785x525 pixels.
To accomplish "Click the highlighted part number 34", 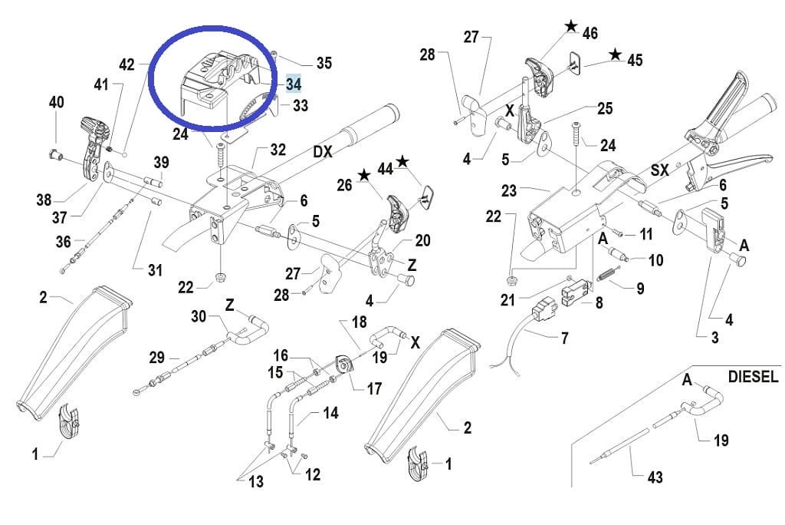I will click(x=294, y=83).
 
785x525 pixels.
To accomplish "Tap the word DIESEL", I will click(x=753, y=377).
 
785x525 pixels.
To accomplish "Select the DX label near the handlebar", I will click(x=323, y=151).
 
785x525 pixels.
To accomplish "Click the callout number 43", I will click(x=655, y=477).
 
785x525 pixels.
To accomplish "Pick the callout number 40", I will click(x=57, y=102).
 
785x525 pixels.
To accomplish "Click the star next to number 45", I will click(x=616, y=54).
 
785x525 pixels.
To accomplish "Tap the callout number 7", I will click(x=565, y=338).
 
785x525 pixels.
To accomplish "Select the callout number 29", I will click(x=157, y=357).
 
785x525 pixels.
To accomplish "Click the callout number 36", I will click(x=64, y=241).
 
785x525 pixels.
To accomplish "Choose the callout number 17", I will click(x=373, y=389).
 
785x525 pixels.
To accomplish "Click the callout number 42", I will click(x=126, y=64).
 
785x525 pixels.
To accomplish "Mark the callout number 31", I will click(x=156, y=269).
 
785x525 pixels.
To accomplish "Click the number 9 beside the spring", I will click(x=640, y=289).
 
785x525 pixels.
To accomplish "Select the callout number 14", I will click(x=330, y=413).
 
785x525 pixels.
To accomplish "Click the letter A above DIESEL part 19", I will click(x=687, y=379).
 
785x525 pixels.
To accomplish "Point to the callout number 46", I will click(x=590, y=33).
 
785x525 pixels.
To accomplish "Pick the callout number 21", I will click(x=507, y=300).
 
